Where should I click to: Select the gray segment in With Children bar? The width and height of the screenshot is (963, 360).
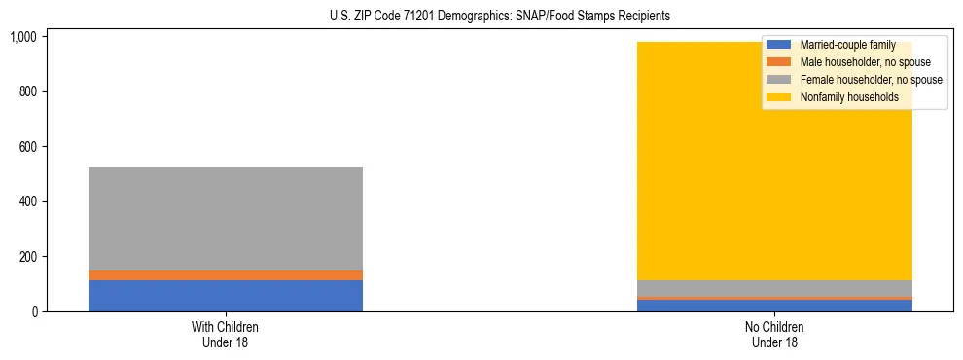[x=226, y=219]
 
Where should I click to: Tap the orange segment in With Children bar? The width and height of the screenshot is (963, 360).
[x=226, y=275]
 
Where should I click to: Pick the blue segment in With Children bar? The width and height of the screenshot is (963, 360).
[x=226, y=296]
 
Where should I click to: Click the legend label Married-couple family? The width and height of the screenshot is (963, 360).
[x=847, y=46]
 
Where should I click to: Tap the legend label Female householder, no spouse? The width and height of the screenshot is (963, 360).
[x=871, y=80]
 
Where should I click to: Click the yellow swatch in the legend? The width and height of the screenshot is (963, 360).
[x=779, y=97]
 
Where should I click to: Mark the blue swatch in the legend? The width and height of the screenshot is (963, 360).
[x=779, y=46]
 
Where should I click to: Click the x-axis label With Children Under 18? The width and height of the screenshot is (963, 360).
[x=226, y=334]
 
